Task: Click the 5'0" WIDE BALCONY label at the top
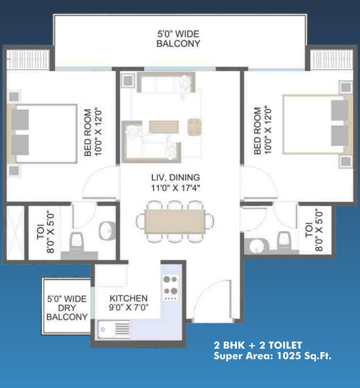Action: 178,39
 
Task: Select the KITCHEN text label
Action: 128,298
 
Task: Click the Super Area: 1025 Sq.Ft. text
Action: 272,356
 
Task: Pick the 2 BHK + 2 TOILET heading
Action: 258,345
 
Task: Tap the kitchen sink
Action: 114,329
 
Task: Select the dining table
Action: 175,221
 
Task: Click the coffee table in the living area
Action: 164,127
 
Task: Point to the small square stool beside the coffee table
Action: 194,127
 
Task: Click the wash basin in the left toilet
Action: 108,230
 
